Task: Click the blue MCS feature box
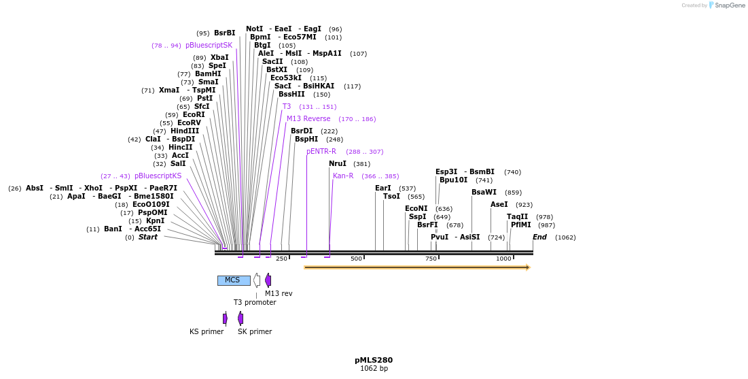pyautogui.click(x=233, y=280)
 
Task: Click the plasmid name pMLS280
pyautogui.click(x=373, y=360)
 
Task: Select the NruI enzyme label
pyautogui.click(x=338, y=164)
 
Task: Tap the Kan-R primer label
pyautogui.click(x=343, y=176)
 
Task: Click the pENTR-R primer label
pyautogui.click(x=321, y=152)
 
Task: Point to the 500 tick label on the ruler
pyautogui.click(x=356, y=259)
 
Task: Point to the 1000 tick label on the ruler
pyautogui.click(x=503, y=259)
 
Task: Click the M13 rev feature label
pyautogui.click(x=279, y=294)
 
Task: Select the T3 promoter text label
pyautogui.click(x=255, y=303)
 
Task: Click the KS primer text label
pyautogui.click(x=207, y=332)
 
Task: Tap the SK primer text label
pyautogui.click(x=255, y=332)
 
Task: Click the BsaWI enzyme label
pyautogui.click(x=484, y=193)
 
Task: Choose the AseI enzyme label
pyautogui.click(x=499, y=205)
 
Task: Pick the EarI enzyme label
pyautogui.click(x=383, y=188)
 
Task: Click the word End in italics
pyautogui.click(x=539, y=237)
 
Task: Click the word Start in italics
pyautogui.click(x=147, y=237)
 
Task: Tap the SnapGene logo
pyautogui.click(x=727, y=5)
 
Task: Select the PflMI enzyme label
pyautogui.click(x=520, y=225)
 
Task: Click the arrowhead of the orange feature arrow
pyautogui.click(x=527, y=267)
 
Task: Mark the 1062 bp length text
pyautogui.click(x=374, y=369)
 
